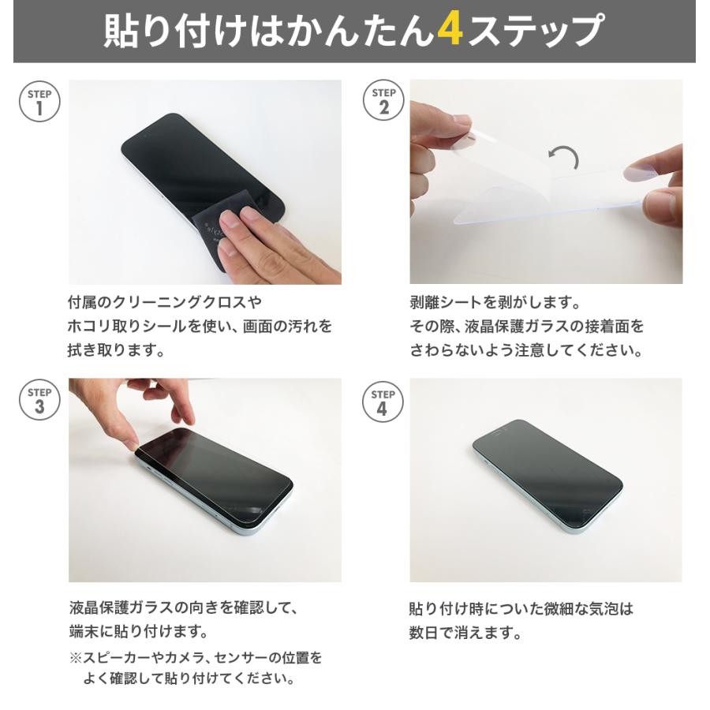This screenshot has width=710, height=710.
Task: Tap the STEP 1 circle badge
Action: tap(39, 103)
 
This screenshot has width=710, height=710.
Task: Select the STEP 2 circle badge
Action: tap(383, 103)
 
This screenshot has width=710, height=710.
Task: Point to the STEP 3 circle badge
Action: tap(39, 402)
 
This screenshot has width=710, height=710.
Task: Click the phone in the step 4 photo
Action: tap(547, 476)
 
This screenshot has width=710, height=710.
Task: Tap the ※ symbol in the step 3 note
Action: tap(75, 657)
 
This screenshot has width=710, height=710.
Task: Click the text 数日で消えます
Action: tap(465, 632)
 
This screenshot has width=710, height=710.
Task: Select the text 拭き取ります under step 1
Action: tap(116, 349)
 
